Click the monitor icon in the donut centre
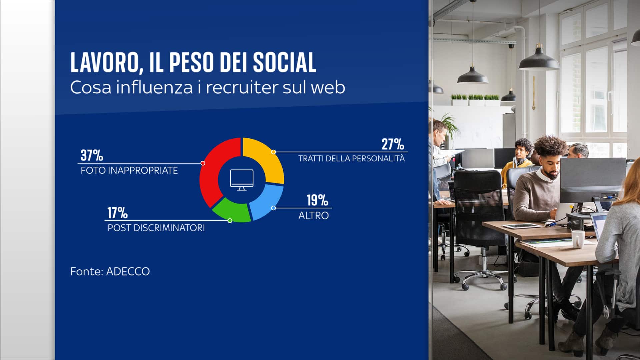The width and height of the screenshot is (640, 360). (x=242, y=180)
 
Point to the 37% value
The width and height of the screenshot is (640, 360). (x=92, y=155)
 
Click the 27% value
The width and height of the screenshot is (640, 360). (x=393, y=144)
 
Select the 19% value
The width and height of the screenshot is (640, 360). (x=317, y=200)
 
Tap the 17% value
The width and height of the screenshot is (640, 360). (x=117, y=213)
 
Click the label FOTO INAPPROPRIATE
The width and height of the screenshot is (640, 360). (x=129, y=171)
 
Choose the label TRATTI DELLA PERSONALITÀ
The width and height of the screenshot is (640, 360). (x=351, y=158)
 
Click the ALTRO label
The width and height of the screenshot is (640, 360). (x=313, y=216)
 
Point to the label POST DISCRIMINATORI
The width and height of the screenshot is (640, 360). (x=156, y=228)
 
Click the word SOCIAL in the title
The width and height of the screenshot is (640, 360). (x=284, y=62)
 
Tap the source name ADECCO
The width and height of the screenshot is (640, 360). (x=128, y=271)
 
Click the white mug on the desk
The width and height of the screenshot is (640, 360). (x=578, y=239)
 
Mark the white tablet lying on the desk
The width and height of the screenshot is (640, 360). (x=521, y=226)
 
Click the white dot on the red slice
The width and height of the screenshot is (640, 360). (x=203, y=163)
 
